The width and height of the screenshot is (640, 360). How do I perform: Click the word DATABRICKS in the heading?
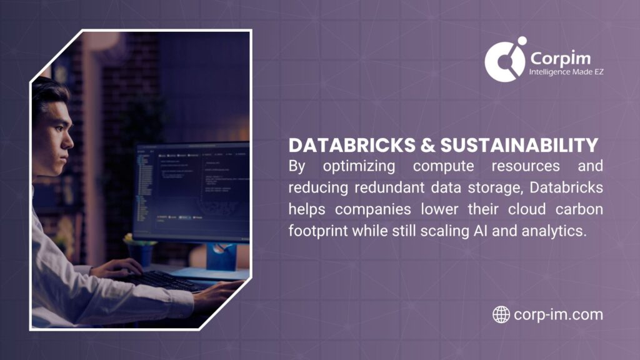(342, 146)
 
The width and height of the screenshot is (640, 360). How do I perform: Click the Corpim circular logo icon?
(505, 60)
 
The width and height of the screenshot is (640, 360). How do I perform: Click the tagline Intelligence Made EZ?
(566, 72)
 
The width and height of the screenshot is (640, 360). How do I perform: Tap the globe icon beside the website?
(501, 314)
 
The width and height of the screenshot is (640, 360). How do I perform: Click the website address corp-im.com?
(558, 314)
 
